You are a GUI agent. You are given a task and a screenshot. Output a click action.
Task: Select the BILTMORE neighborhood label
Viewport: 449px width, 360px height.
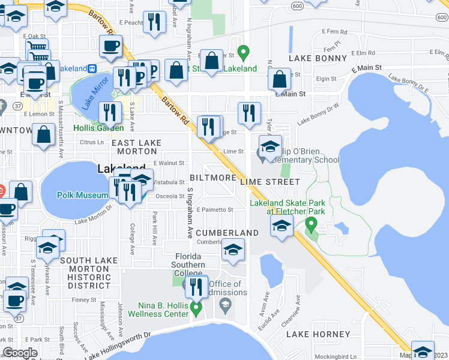212,178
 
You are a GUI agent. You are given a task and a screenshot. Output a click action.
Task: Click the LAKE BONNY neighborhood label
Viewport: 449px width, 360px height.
318,58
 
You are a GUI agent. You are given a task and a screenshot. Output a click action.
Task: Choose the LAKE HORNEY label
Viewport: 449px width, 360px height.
318,334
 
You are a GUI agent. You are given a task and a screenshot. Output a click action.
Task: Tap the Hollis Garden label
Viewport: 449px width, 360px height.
98,128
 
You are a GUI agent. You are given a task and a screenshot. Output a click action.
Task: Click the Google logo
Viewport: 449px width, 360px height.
20,353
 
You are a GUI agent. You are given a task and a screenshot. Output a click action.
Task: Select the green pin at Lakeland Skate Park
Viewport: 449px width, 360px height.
311,225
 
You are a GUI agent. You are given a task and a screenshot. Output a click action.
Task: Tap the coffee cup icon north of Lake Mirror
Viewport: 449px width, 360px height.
110,46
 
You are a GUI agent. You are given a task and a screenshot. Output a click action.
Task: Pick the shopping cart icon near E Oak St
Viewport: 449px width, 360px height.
37,48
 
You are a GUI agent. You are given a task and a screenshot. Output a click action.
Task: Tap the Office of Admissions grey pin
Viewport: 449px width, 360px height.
225,305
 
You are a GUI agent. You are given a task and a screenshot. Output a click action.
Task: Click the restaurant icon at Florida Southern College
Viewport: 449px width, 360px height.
196,287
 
